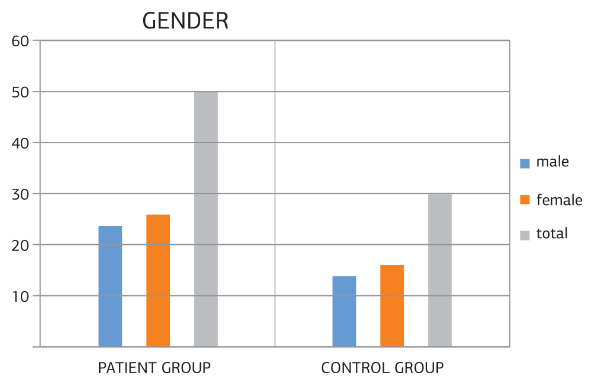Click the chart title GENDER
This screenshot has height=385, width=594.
[x=185, y=21]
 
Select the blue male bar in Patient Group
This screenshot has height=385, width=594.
[x=110, y=286]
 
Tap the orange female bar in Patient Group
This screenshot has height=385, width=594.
[x=158, y=280]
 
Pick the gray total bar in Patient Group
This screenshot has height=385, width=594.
[x=206, y=219]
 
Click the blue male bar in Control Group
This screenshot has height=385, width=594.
[x=344, y=311]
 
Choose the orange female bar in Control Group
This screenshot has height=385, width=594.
[x=392, y=305]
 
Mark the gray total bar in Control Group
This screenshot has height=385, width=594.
[x=440, y=270]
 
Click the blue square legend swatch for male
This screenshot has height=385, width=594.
[x=525, y=163]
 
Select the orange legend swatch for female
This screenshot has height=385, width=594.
[x=525, y=200]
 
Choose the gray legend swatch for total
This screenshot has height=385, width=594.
[x=525, y=235]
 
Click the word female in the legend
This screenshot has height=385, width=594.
[x=559, y=200]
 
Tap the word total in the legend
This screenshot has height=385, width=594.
[x=552, y=234]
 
